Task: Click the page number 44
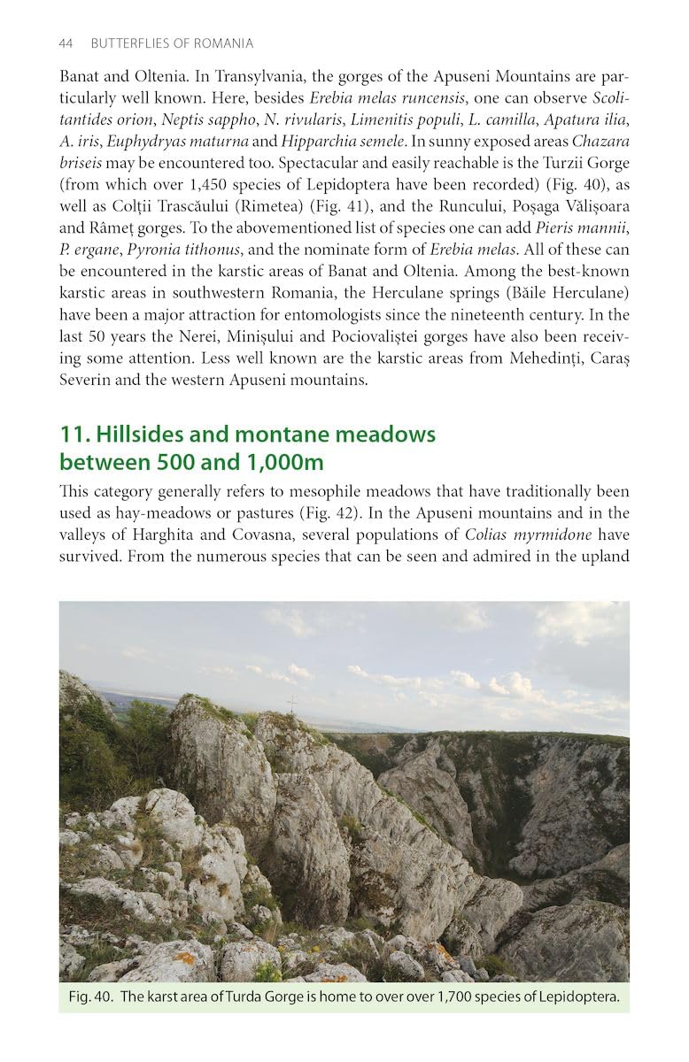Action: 66,43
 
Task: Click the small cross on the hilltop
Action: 291,704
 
